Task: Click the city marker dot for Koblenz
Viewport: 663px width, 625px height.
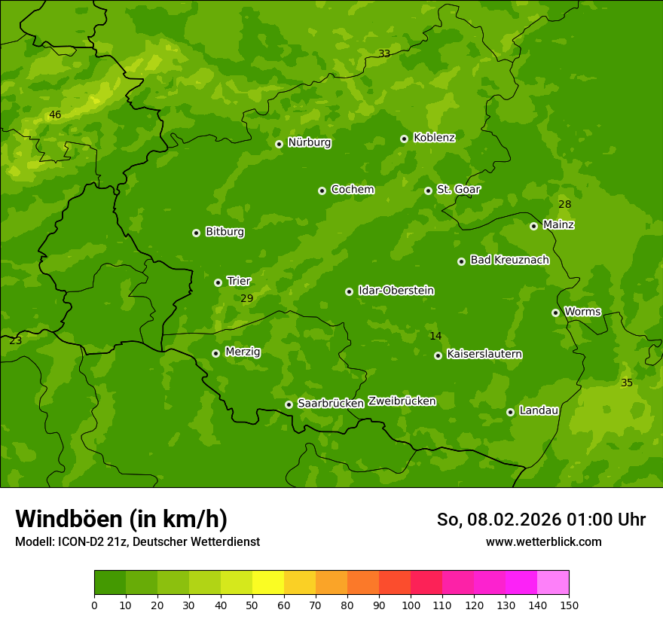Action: [405, 139]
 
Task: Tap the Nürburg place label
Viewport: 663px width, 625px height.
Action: [309, 142]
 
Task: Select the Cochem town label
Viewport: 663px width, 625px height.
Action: [352, 189]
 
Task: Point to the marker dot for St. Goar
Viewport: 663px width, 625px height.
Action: [428, 191]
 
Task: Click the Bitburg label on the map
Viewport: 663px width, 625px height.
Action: [225, 232]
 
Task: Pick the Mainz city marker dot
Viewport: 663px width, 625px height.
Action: [533, 226]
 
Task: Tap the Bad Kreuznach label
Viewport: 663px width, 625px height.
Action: [509, 260]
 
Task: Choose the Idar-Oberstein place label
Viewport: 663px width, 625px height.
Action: [396, 290]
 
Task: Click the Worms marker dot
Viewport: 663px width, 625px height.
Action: [555, 312]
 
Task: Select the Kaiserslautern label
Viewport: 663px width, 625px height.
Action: [484, 354]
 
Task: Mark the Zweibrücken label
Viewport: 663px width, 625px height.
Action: [402, 401]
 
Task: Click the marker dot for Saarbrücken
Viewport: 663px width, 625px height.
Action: [289, 404]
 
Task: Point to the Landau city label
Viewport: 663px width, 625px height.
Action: [539, 410]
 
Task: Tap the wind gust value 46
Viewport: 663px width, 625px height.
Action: [55, 115]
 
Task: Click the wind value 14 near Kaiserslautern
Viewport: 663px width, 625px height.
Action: [435, 337]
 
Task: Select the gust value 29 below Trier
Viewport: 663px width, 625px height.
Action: [247, 299]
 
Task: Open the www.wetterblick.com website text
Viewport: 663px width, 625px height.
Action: [543, 541]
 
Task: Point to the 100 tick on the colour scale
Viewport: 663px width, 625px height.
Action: [411, 605]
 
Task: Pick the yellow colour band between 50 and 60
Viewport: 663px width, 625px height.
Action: [268, 583]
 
